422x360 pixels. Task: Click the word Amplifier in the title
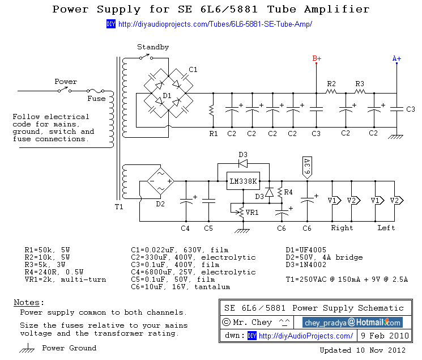[335, 10]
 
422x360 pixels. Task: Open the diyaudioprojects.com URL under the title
[215, 24]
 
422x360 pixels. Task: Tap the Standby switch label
[153, 47]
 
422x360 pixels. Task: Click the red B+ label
[317, 58]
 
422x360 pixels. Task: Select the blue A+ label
[397, 58]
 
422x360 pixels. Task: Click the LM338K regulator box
[243, 181]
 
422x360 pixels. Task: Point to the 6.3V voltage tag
[307, 165]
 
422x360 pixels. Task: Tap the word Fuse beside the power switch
[96, 99]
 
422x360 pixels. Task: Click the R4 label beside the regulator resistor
[288, 192]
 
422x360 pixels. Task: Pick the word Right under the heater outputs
[342, 228]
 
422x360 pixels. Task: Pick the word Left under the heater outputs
[386, 228]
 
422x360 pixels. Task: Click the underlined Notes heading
[28, 303]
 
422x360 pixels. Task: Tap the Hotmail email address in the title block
[352, 323]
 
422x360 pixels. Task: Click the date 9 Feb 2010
[383, 336]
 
